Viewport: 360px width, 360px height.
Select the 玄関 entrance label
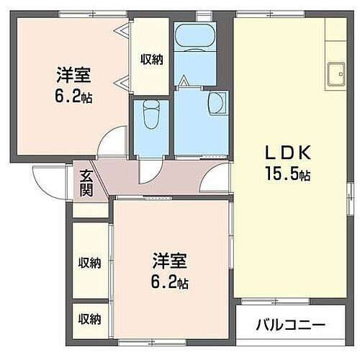point(86,184)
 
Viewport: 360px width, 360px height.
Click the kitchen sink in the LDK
point(336,74)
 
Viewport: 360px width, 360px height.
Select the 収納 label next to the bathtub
point(151,60)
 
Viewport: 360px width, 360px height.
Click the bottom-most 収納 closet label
point(89,319)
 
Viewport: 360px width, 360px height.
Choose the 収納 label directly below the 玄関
point(89,263)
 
